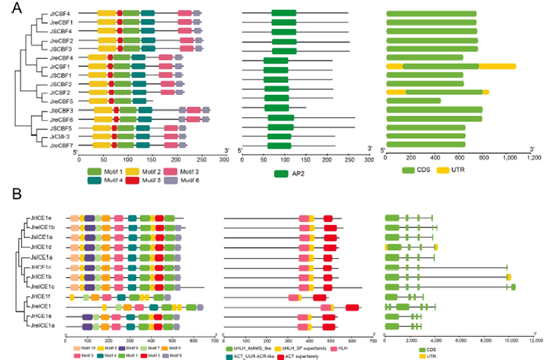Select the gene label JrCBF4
[x=59, y=13]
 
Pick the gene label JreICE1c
[x=51, y=287]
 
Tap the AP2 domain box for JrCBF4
[x=284, y=13]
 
